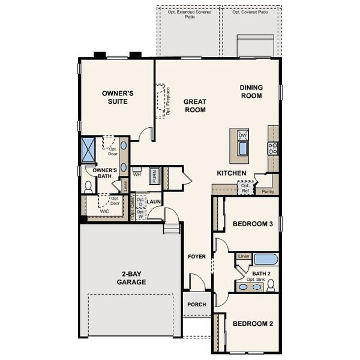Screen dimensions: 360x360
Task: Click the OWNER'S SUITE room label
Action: [117, 97]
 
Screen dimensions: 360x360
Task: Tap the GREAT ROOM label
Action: [194, 106]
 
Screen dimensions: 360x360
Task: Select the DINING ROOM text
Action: [251, 91]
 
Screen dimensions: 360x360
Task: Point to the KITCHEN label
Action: [232, 173]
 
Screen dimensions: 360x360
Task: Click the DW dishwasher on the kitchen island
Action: [243, 136]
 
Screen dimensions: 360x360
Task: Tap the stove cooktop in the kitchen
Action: [273, 148]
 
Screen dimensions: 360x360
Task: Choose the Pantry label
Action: [267, 191]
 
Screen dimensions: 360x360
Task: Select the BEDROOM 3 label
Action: [253, 224]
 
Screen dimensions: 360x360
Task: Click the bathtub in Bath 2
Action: [266, 260]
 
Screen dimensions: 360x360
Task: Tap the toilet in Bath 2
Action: [271, 283]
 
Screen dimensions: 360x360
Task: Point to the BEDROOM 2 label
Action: [253, 323]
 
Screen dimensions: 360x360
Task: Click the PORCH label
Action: [196, 304]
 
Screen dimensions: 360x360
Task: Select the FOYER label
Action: [196, 257]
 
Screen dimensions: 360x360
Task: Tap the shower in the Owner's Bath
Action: [89, 149]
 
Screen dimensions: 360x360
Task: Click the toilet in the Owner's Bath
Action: [88, 187]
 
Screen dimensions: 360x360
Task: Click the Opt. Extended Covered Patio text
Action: [189, 14]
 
